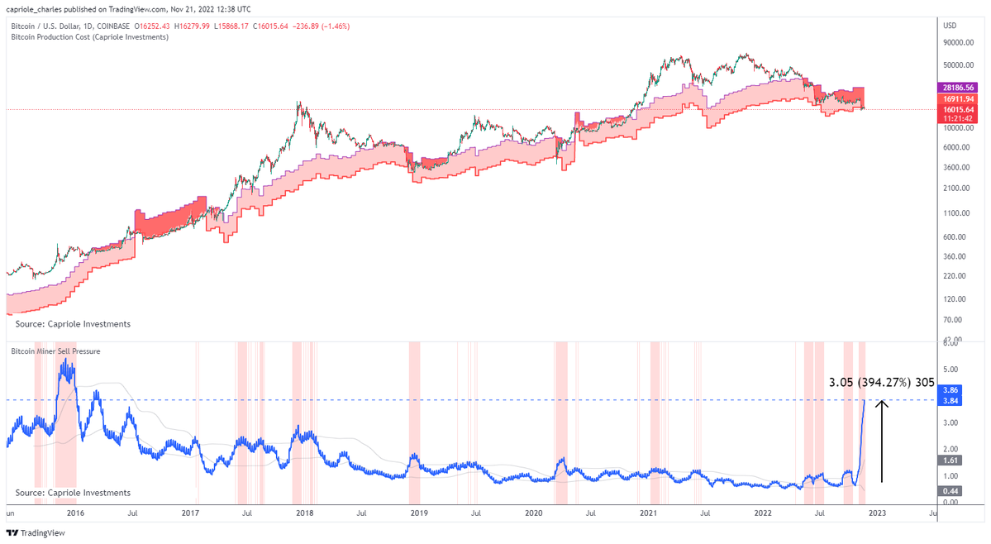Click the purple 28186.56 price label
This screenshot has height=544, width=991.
959,87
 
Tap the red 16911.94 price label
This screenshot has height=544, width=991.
959,98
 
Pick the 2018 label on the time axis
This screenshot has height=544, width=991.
304,513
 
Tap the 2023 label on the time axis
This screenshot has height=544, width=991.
877,513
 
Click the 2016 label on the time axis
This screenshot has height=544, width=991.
75,513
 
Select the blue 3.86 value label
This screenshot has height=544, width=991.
950,390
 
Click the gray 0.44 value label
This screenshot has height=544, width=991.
950,490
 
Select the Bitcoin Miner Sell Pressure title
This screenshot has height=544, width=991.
55,351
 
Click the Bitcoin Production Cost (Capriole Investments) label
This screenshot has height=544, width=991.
89,37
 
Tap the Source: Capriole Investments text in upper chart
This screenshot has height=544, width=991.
73,324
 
